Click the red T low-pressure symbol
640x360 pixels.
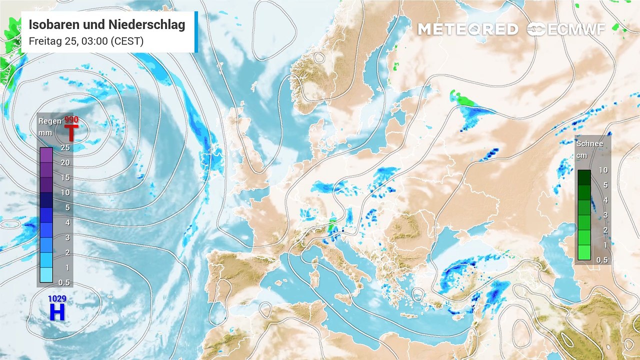(x=71, y=133)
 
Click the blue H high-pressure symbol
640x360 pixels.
(x=57, y=312)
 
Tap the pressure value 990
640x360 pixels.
(x=71, y=120)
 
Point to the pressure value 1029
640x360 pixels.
(x=57, y=299)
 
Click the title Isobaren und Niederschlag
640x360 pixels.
(x=107, y=25)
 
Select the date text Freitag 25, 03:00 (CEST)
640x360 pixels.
(x=86, y=41)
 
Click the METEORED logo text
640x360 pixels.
(x=467, y=29)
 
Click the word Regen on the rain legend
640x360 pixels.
(x=50, y=121)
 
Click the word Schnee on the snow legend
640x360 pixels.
(x=589, y=144)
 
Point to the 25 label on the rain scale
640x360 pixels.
(x=65, y=147)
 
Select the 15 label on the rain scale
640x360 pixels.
(x=65, y=177)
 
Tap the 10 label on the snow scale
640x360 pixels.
(x=603, y=170)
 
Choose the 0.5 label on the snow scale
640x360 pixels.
(x=602, y=260)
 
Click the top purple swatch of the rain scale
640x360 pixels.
(x=46, y=155)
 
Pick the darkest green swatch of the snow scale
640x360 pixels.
(x=584, y=177)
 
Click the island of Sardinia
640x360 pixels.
(x=315, y=277)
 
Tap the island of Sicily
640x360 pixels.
(x=342, y=299)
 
